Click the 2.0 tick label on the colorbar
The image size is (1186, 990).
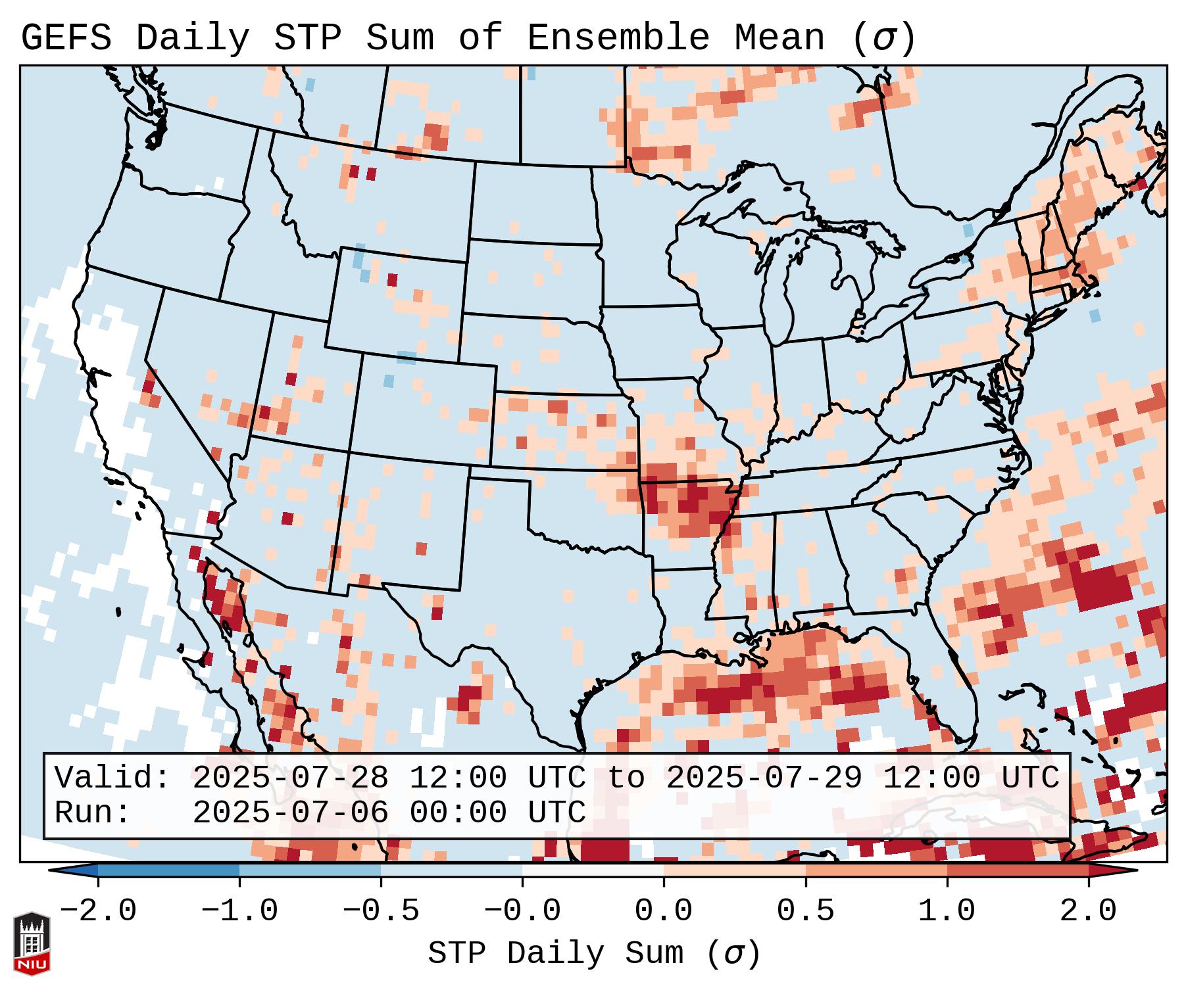[1088, 911]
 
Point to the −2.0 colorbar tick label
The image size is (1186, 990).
[98, 911]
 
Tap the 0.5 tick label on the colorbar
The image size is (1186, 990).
[805, 911]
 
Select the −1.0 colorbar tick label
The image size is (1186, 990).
[239, 911]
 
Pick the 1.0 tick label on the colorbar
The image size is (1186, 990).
[947, 911]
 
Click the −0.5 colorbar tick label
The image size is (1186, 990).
[381, 911]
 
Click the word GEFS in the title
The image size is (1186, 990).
[66, 38]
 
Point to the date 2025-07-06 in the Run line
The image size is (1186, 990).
[290, 813]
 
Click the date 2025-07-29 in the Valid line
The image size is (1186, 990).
[764, 778]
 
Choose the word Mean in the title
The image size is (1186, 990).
[779, 38]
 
